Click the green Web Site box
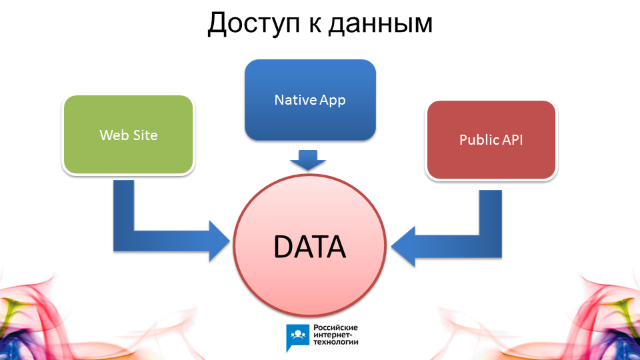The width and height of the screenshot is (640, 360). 129,135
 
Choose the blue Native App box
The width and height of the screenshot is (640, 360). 310,100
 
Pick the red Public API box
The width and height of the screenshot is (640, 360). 491,139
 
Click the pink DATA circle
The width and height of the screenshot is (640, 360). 309,245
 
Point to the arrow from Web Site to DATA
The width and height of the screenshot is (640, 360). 124,241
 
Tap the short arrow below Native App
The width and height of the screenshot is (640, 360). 308,160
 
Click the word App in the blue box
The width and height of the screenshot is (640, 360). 333,101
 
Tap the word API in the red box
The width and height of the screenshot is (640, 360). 513,139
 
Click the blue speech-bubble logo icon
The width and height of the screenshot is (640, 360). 297,337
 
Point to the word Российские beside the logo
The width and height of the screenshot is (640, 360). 335,328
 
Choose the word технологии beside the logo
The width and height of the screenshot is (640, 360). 335,342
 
